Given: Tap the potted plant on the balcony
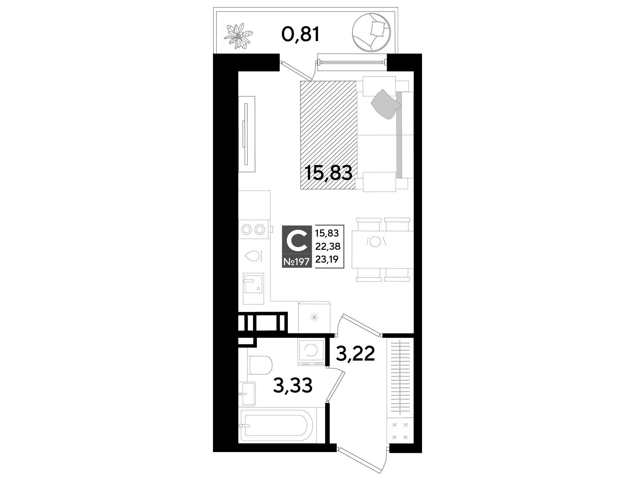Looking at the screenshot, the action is pos(238,35).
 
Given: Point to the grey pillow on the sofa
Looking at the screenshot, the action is pos(386,103).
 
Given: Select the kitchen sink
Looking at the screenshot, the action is pos(253,288).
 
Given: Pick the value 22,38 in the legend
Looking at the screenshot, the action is pos(327,246).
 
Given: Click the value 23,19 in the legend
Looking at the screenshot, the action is pos(327,259).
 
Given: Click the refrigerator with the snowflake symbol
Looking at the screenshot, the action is pos(314,317).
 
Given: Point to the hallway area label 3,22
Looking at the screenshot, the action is pos(355,354).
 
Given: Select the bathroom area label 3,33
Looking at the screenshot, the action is pos(293,386).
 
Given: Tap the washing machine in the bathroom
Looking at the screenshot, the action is pos(312,352).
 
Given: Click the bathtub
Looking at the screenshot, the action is pos(276,426).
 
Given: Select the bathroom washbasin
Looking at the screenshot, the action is pos(248,393).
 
